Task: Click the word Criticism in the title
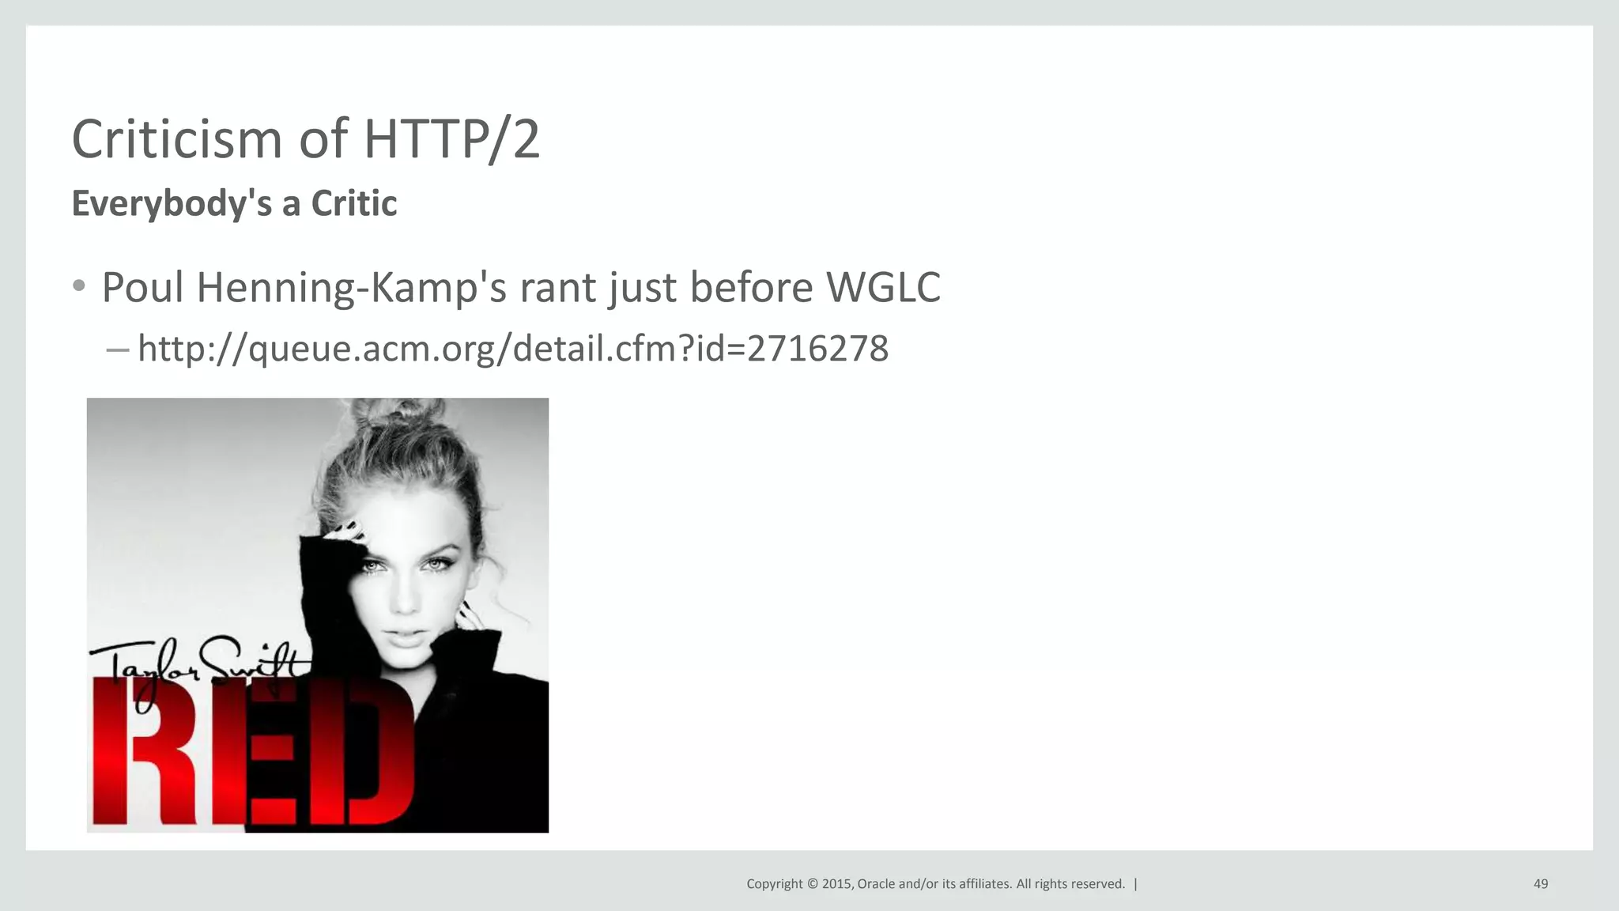(177, 139)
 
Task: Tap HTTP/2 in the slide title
(451, 139)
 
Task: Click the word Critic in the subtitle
(353, 204)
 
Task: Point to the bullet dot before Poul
(78, 286)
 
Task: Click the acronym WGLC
(883, 287)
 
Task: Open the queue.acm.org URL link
(512, 349)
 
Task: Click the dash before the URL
(117, 349)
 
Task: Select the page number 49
(1540, 884)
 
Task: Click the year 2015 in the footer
(836, 884)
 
